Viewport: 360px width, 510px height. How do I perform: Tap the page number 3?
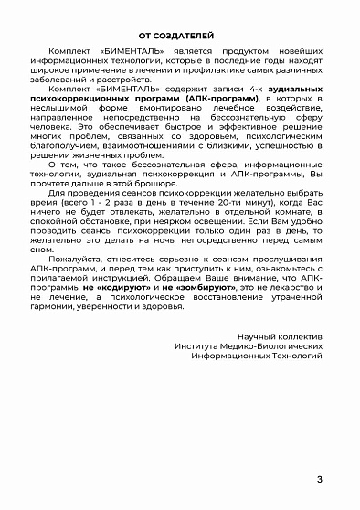click(x=319, y=481)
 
